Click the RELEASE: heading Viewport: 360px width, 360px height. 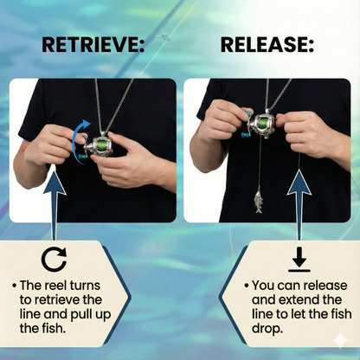[x=267, y=44]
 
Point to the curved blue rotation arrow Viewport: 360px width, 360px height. [x=80, y=138]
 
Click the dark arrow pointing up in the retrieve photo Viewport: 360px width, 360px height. [x=55, y=195]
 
